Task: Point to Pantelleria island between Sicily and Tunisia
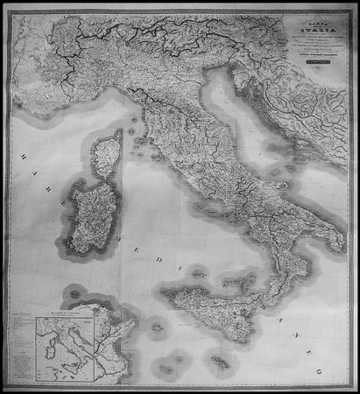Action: tap(158, 329)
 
